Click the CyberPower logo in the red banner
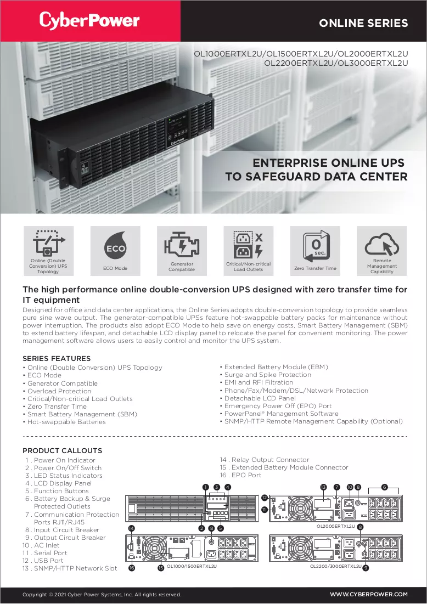coord(89,20)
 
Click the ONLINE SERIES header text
coord(363,23)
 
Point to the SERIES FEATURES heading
coord(57,359)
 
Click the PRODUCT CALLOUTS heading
coord(63,451)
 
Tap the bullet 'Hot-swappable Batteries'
coord(66,422)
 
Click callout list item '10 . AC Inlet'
coord(41,545)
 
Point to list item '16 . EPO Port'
coord(240,475)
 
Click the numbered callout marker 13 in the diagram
coord(323,487)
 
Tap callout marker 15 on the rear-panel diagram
coord(161,567)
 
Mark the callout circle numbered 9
coord(366,567)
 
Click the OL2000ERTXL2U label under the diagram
coord(336,526)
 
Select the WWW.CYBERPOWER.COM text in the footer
coord(369,594)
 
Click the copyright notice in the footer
coord(102,595)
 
